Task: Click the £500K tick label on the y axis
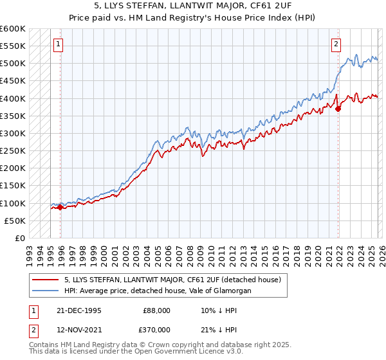13,64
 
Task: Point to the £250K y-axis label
13,150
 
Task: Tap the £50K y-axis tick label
15,221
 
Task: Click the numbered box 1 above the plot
58,44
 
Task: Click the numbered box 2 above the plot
336,44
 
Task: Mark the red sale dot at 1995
60,207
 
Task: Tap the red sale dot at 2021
337,109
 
